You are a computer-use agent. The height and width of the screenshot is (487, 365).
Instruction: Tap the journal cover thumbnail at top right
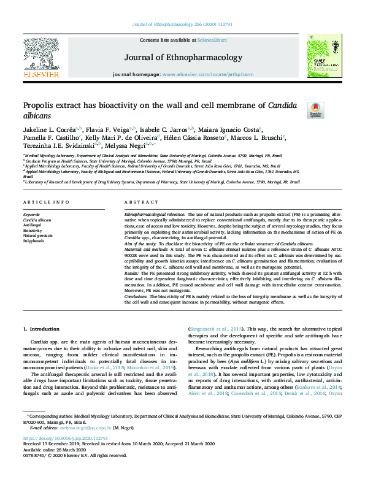[x=320, y=56]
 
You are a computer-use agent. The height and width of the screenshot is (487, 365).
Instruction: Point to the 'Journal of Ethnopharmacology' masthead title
[x=183, y=58]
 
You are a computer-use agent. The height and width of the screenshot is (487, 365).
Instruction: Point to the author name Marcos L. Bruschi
[x=277, y=139]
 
